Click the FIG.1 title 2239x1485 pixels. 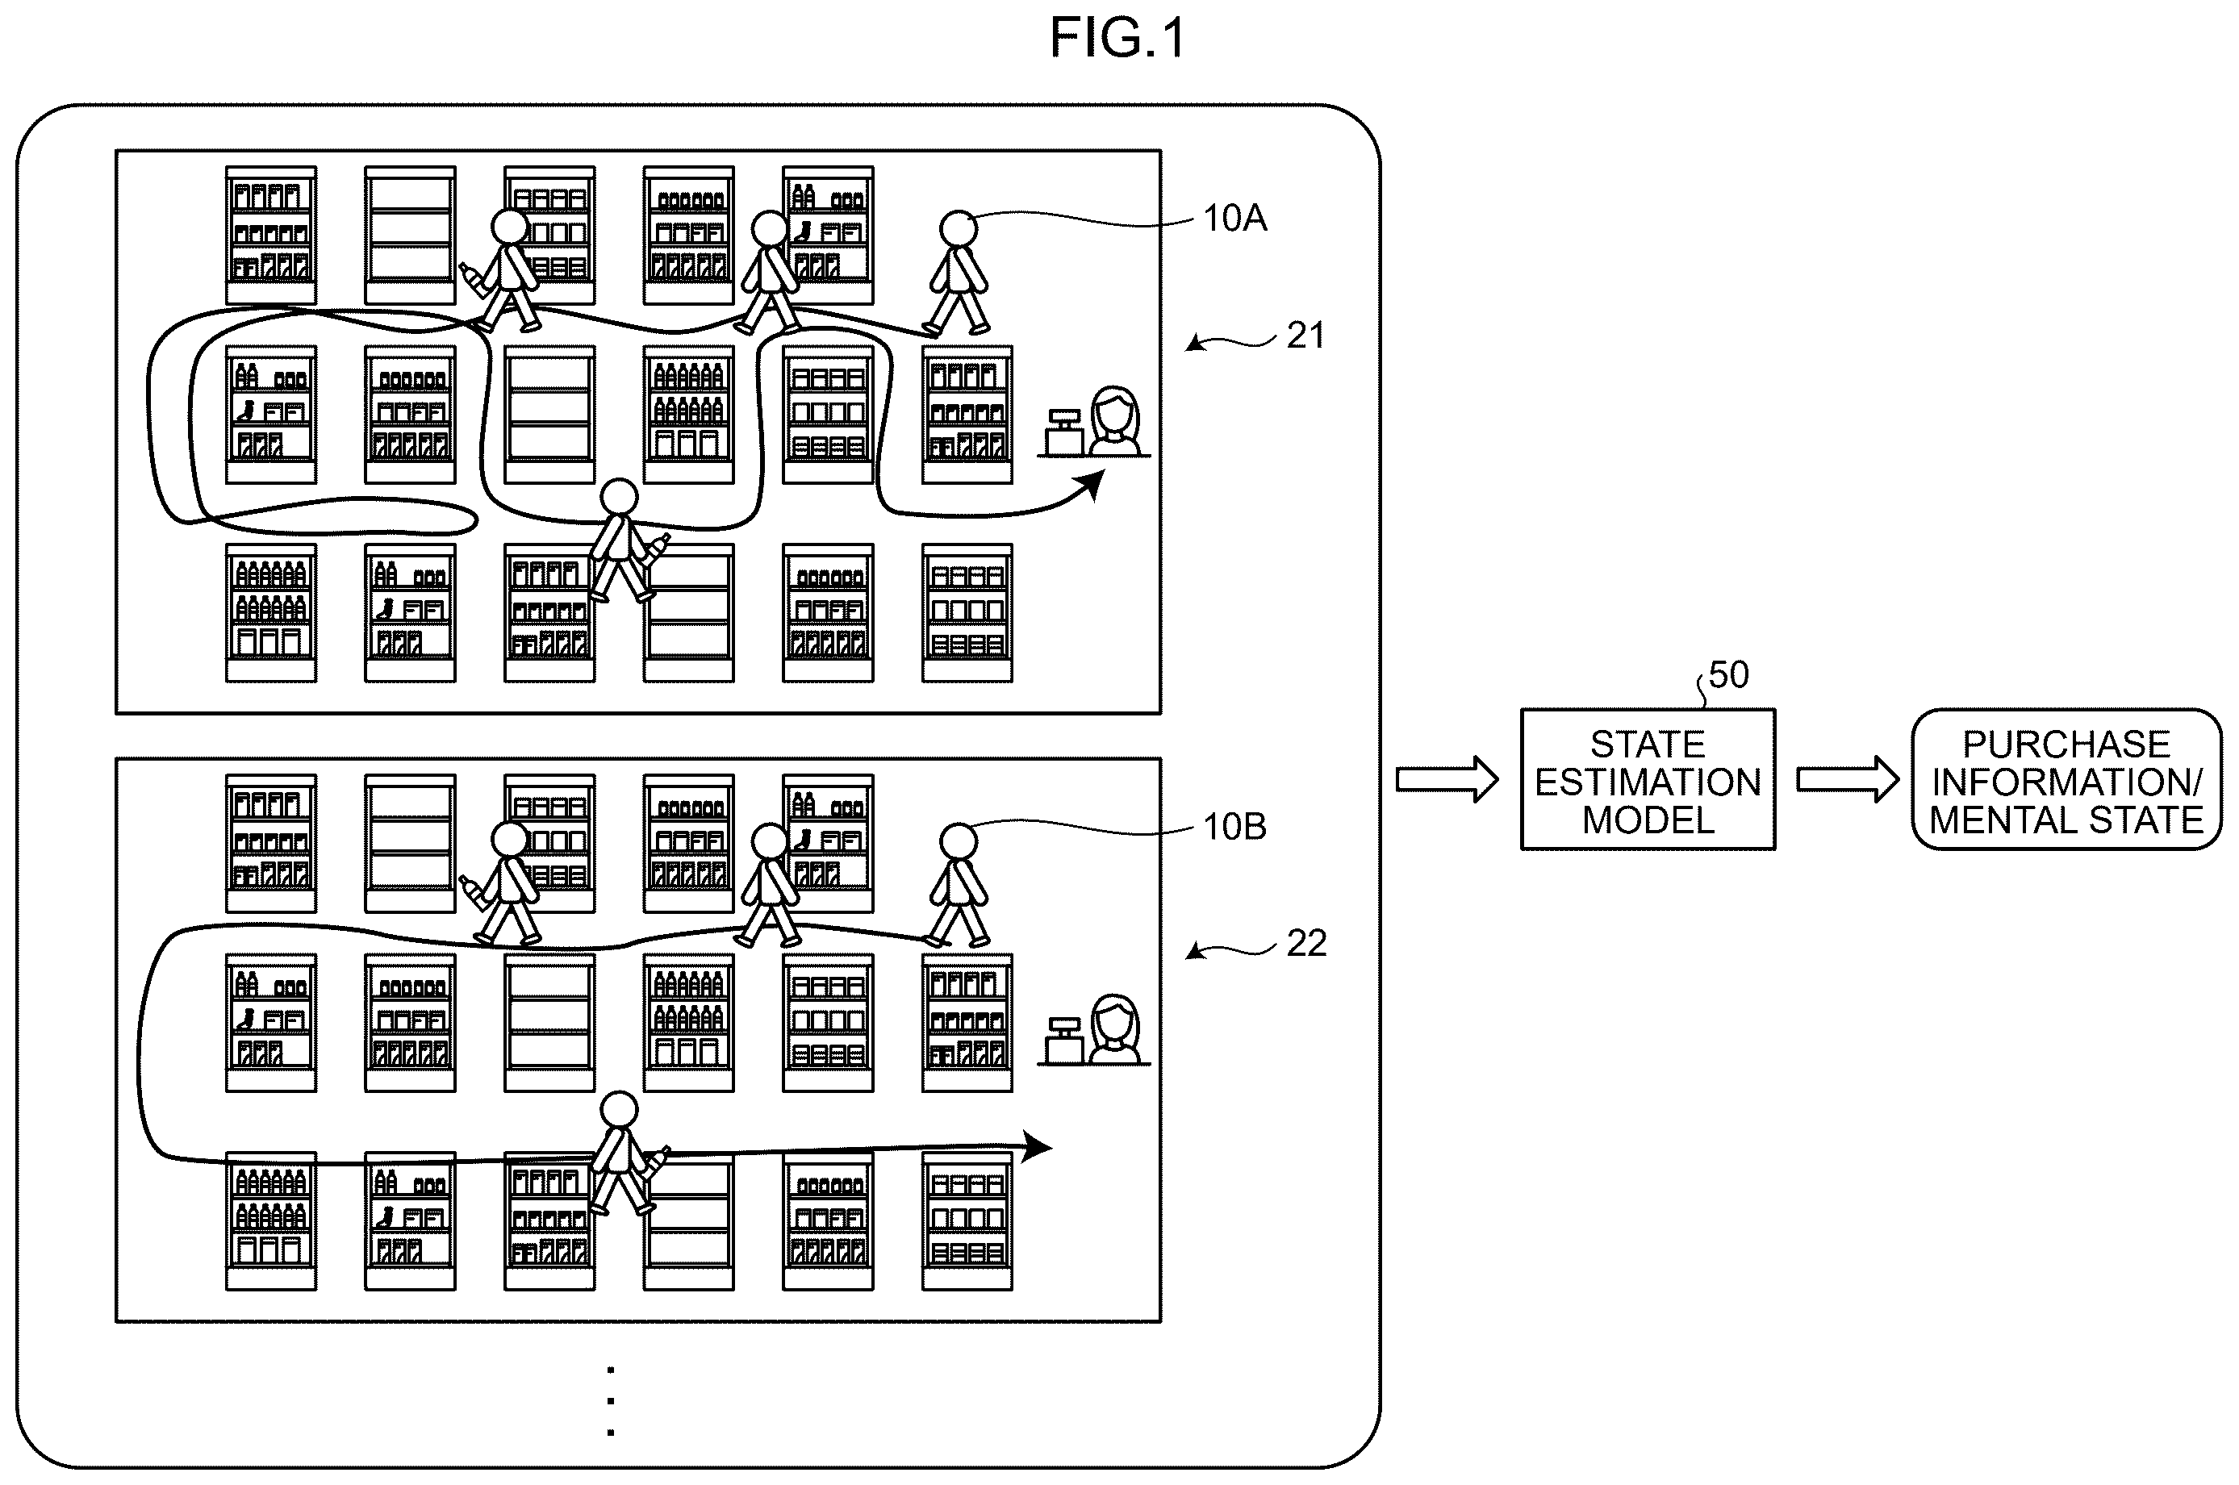1117,39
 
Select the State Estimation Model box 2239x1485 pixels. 1648,779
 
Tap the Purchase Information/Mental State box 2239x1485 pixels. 2066,779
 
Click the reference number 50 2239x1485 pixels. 1728,675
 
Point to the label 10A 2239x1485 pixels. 1235,219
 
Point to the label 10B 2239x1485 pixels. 1235,827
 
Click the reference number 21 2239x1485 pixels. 1306,336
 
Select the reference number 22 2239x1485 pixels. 1306,943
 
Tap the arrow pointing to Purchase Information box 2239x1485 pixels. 1848,779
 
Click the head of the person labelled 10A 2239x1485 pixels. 959,229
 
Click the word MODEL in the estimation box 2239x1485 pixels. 1648,820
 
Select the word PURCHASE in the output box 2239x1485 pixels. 2066,745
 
